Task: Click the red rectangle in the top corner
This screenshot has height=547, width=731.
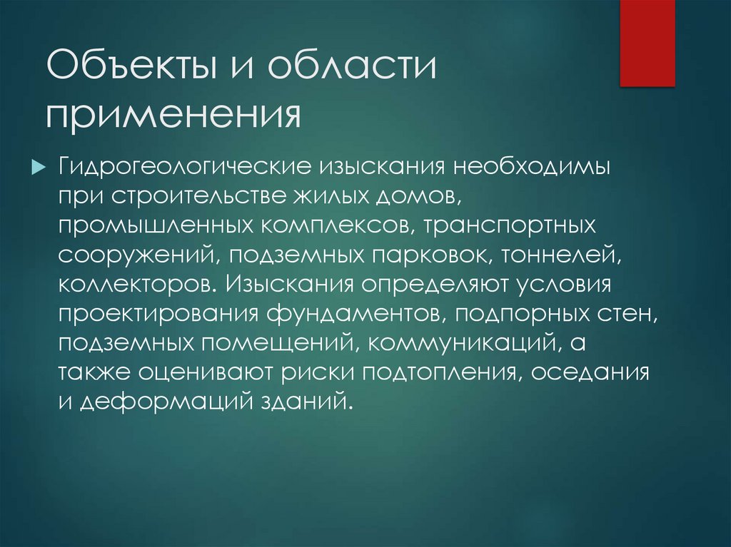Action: [647, 43]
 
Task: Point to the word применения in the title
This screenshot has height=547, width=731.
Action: [172, 114]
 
